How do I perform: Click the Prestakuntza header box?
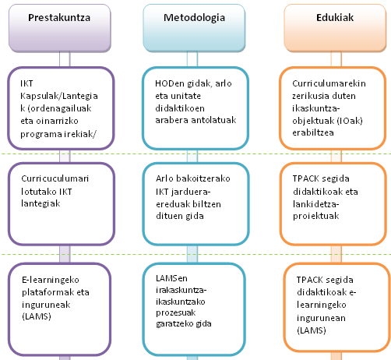click(60, 28)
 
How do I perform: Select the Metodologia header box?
click(194, 28)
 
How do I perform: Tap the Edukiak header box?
click(335, 28)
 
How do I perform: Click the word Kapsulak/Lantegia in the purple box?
click(59, 96)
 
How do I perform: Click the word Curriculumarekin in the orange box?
click(329, 83)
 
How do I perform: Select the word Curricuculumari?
click(55, 178)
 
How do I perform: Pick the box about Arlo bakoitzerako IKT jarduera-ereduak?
click(195, 204)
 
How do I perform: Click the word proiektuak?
click(316, 216)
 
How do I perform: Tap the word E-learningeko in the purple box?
click(51, 280)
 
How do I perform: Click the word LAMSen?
click(171, 278)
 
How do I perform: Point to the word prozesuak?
click(176, 312)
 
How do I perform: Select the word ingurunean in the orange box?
click(321, 318)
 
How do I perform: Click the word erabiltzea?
click(313, 132)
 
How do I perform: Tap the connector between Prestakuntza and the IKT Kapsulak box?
click(65, 59)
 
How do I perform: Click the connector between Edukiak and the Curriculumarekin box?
click(336, 59)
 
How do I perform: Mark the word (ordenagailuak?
click(59, 108)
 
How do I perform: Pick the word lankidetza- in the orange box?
click(316, 204)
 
